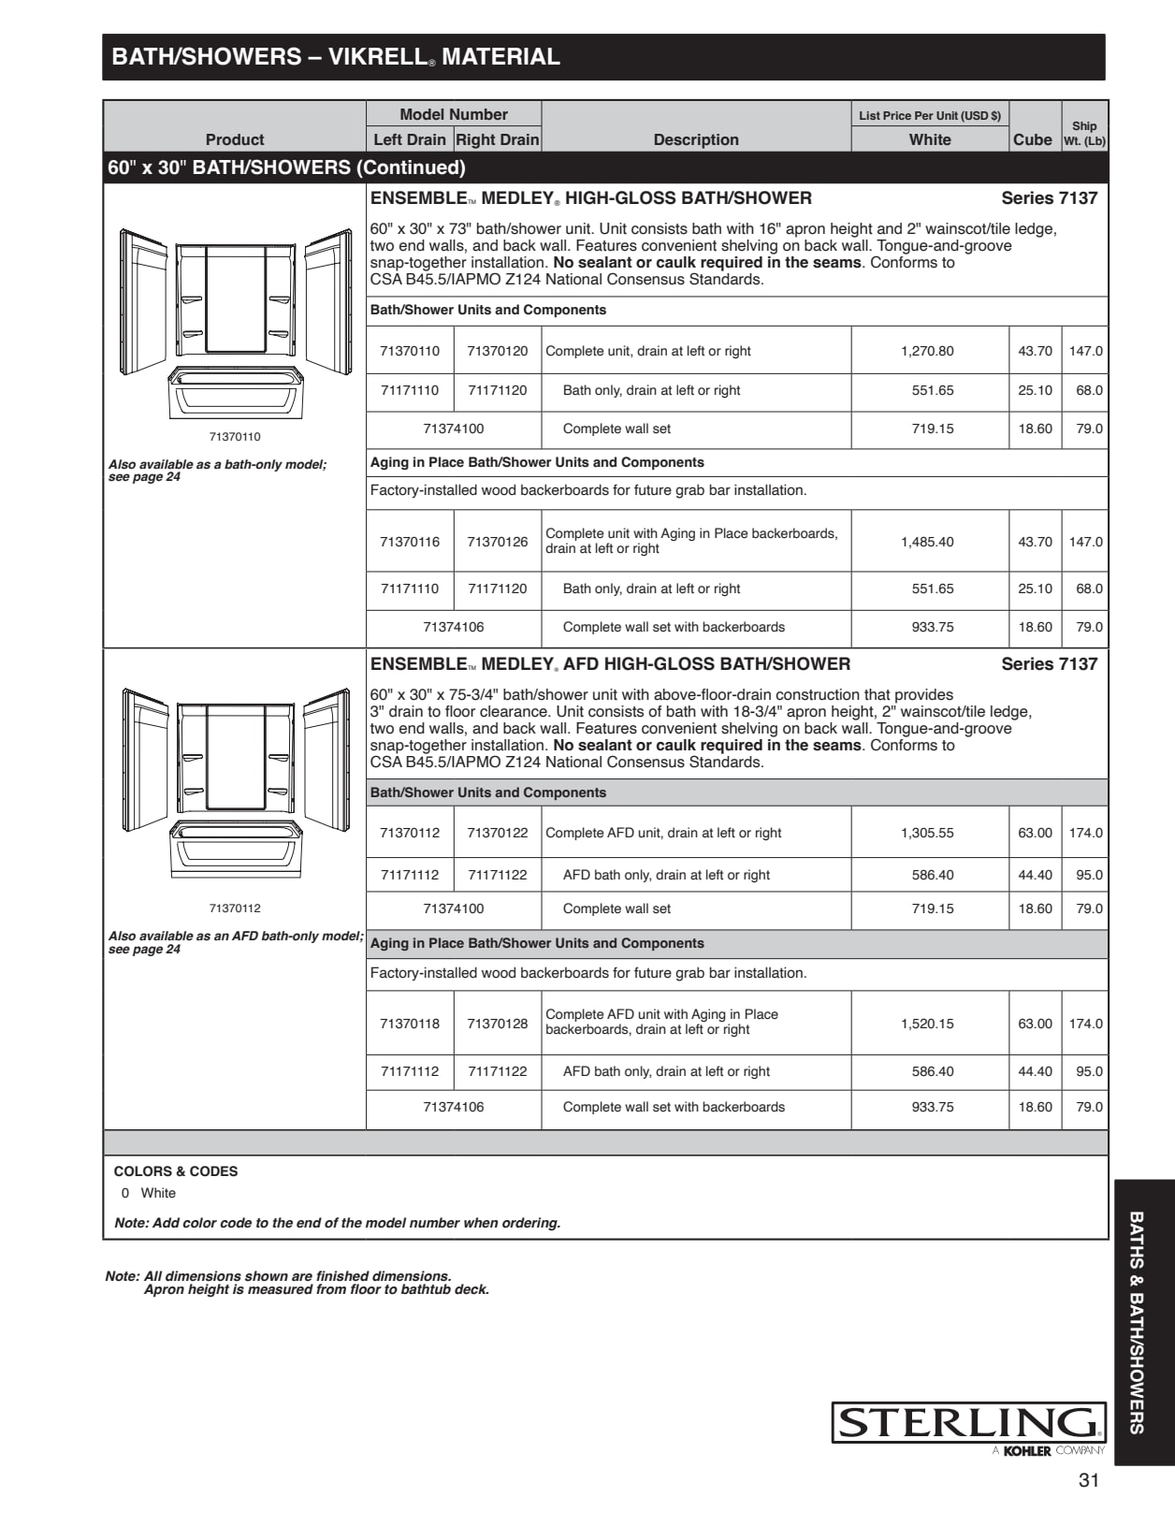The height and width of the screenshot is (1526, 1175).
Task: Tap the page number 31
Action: pos(1088,1480)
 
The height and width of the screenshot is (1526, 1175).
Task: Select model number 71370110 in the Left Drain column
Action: pos(410,351)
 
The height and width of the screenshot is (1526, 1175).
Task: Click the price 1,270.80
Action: pos(927,351)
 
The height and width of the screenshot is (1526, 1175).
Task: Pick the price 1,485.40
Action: pos(927,542)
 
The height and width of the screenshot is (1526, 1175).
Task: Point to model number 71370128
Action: pos(498,1024)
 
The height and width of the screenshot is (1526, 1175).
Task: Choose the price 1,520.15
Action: pos(927,1024)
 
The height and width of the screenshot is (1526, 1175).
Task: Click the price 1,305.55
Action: pos(927,833)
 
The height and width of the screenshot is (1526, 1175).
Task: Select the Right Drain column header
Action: pos(498,139)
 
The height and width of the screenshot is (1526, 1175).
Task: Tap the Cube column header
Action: pos(1033,139)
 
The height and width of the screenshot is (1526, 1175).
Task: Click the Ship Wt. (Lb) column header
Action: pos(1084,133)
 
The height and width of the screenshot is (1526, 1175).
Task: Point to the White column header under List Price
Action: pos(930,139)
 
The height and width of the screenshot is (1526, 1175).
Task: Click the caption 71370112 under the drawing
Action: pos(235,908)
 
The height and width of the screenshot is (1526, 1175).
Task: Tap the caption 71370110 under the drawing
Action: pos(235,437)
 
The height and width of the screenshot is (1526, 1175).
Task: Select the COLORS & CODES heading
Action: pos(176,1171)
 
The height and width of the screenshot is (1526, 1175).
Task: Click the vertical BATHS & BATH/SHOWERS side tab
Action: pos(1137,1322)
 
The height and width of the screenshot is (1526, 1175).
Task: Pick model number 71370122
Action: pos(498,833)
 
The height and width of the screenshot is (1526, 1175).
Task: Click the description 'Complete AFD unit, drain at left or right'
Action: pos(663,833)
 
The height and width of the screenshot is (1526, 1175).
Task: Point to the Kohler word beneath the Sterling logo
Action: pos(1027,1451)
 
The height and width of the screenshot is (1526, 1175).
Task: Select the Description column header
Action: pos(696,139)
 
